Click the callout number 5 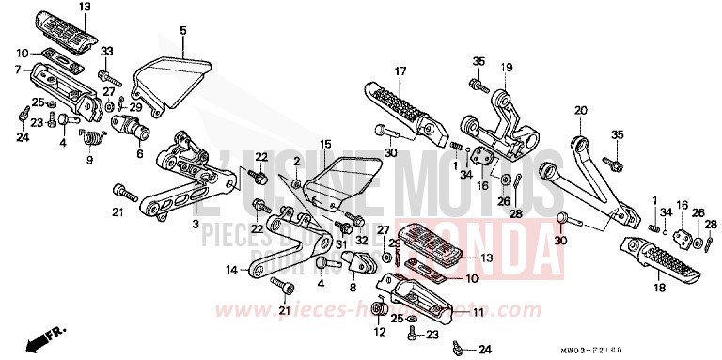pos(183,31)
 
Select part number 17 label pos(400,71)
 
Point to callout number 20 pos(579,110)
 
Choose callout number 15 pos(326,144)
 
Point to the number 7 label pos(17,70)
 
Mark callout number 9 pos(89,161)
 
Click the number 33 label pos(106,50)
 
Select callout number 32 pos(335,241)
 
